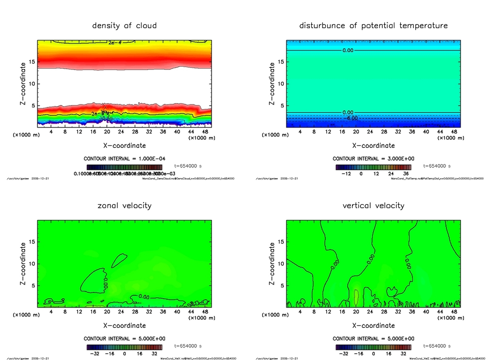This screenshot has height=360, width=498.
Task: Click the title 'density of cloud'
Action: (x=124, y=25)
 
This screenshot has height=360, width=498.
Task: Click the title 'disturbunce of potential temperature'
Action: (x=373, y=25)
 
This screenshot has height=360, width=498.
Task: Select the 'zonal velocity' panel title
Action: (x=124, y=205)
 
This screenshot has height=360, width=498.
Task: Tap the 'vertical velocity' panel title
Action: (x=373, y=205)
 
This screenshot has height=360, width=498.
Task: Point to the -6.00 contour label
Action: (x=351, y=118)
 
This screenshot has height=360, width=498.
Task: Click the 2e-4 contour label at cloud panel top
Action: (x=115, y=43)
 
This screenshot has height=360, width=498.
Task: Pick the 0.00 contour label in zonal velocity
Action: (x=143, y=297)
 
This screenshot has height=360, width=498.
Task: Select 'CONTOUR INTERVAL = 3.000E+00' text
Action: (x=373, y=159)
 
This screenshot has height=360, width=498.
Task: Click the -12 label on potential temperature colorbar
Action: (x=346, y=173)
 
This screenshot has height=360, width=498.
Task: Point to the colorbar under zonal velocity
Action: (x=124, y=347)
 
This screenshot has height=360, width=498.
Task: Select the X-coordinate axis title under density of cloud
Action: (x=124, y=145)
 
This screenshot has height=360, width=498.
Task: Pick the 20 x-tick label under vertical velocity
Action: (x=356, y=311)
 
